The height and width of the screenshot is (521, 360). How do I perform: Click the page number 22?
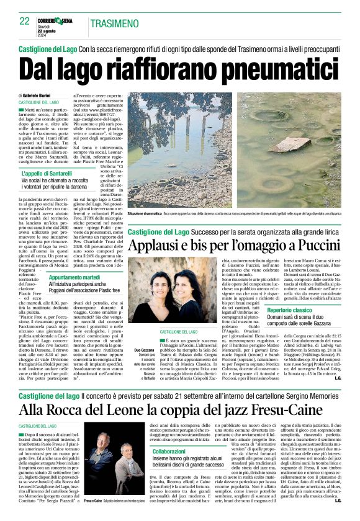click(x=24, y=21)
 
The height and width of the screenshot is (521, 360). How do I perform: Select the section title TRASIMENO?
click(x=114, y=24)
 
